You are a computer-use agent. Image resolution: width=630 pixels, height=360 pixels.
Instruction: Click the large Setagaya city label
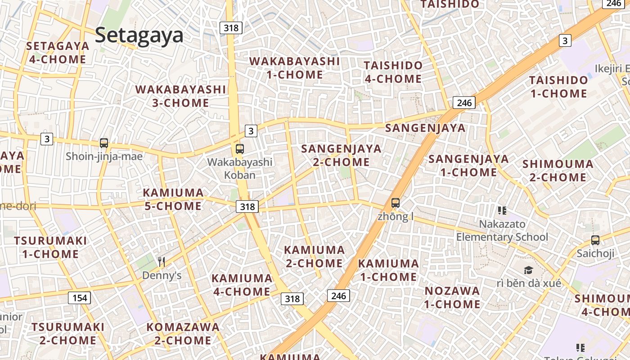coord(139,35)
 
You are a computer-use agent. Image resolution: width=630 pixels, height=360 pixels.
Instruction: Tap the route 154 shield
coord(80,297)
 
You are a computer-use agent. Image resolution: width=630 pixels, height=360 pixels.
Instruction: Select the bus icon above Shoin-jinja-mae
coord(104,143)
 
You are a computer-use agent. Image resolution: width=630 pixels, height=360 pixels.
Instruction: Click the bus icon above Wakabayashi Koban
coord(240,148)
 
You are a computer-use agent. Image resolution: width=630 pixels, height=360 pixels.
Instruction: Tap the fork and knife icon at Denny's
coord(162,261)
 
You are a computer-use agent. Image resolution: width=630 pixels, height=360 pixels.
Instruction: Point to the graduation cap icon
coord(528,270)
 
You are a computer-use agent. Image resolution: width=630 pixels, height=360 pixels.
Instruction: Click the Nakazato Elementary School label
coord(502,230)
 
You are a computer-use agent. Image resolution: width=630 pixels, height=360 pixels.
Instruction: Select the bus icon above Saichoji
coord(595,240)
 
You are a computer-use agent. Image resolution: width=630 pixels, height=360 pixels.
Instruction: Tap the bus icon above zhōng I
coord(396,203)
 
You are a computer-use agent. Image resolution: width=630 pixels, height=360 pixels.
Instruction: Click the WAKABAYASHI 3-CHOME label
coord(180,96)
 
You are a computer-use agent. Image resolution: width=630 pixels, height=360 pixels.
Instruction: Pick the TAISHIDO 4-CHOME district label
coord(393,72)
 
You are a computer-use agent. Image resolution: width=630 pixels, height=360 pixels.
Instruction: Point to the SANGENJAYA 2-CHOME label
coord(341,155)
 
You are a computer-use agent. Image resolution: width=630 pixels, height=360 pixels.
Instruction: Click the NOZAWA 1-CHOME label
coord(452,297)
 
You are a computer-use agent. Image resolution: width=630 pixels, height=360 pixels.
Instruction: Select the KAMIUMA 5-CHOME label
coord(173,199)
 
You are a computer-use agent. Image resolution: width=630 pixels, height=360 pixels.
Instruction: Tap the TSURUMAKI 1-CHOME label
coord(50,247)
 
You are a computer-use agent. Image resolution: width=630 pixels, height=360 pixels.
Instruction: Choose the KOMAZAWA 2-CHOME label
coord(183,333)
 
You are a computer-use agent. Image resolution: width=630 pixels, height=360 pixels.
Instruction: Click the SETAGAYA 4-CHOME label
coord(58,53)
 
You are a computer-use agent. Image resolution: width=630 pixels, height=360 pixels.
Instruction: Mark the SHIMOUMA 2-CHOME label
coord(558,171)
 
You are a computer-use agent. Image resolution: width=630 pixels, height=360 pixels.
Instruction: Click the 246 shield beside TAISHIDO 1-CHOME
coord(464,103)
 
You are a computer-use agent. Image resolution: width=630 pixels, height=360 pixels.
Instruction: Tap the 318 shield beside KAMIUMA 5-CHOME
coord(247,207)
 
